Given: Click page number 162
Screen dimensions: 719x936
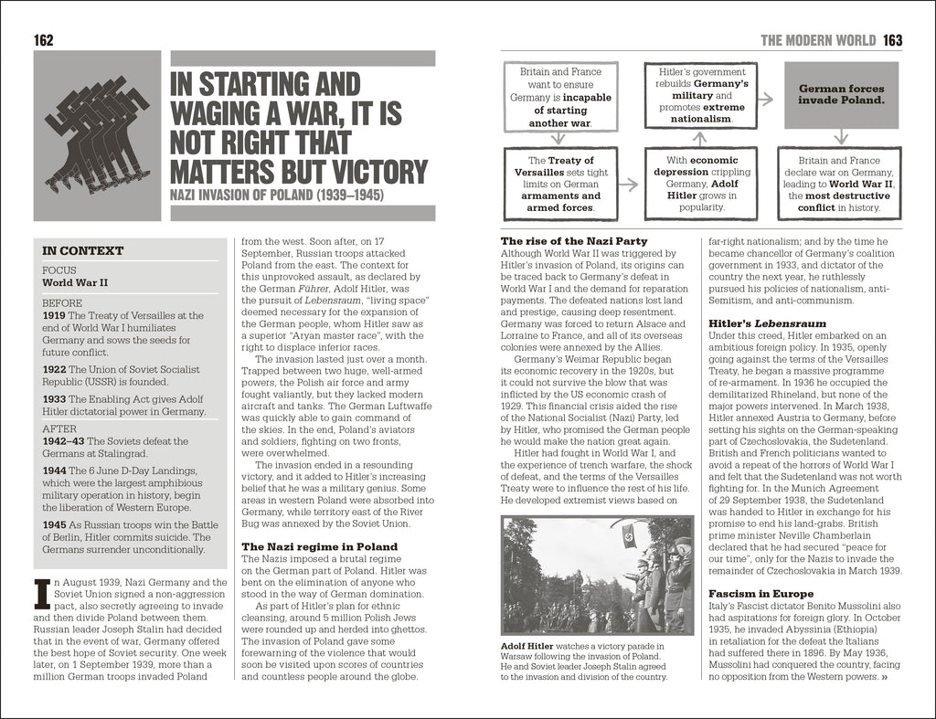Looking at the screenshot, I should [x=44, y=40].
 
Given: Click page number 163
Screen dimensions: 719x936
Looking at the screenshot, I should [x=892, y=40].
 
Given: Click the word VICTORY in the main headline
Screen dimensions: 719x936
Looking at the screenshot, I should [x=374, y=172].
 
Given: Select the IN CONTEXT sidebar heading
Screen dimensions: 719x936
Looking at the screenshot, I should [x=83, y=250].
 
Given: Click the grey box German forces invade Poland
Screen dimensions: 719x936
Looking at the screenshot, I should [x=841, y=95].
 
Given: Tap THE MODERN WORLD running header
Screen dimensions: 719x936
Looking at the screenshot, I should [x=819, y=40].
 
